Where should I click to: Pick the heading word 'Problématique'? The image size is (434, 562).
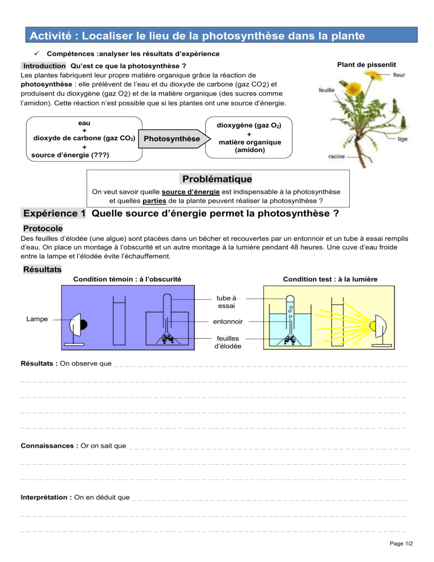(x=217, y=179)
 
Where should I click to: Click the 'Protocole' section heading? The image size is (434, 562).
(x=43, y=228)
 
